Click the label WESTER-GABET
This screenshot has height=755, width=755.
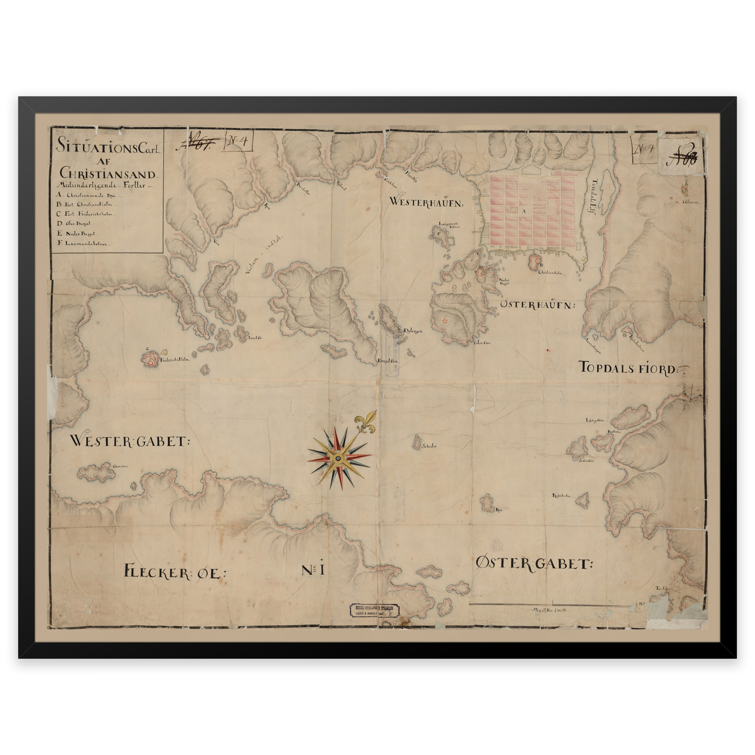point(129,442)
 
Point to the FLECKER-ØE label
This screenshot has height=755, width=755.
point(175,572)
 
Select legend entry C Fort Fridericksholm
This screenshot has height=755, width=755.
point(86,214)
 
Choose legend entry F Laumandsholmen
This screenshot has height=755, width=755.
point(85,243)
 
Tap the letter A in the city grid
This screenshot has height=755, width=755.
point(524,211)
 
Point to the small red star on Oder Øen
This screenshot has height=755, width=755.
point(444,321)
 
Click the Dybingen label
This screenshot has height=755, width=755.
point(413,331)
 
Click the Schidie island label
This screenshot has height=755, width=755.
point(429,445)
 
